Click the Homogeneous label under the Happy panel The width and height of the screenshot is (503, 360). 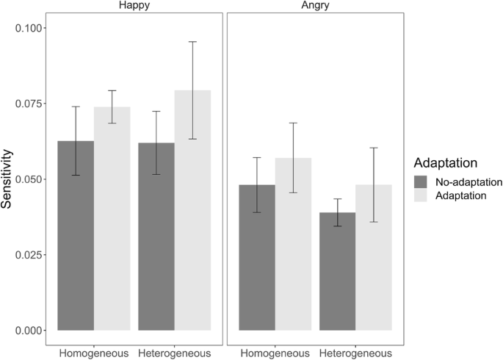[93, 352]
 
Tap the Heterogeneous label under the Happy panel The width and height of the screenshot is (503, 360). [175, 352]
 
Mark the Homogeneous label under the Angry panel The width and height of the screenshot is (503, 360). [275, 352]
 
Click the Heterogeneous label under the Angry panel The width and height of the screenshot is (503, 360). [355, 352]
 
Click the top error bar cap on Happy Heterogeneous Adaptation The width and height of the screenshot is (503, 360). [192, 42]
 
